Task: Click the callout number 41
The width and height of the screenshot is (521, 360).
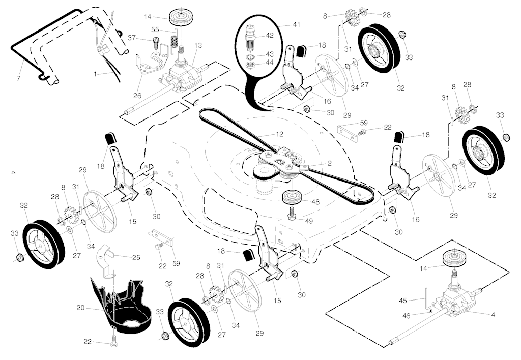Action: pos(282,24)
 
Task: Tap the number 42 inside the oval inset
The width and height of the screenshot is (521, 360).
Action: pos(270,36)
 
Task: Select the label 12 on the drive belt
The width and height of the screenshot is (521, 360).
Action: pos(279,134)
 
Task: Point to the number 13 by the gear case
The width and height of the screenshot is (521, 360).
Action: pos(198,45)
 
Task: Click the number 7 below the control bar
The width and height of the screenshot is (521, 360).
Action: pos(19,79)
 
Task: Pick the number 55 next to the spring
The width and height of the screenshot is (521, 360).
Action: pos(155,30)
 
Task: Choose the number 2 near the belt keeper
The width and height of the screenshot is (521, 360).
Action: pos(330,163)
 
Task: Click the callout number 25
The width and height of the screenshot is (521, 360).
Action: pos(136,258)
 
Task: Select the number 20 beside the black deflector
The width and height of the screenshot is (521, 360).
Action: pos(80,307)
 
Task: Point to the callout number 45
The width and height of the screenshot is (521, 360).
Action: pos(403,301)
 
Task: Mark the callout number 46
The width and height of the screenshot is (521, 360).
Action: pos(406,316)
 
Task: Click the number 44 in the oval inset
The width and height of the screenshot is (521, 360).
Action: pos(270,62)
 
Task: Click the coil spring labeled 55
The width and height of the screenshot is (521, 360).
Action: pos(175,37)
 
